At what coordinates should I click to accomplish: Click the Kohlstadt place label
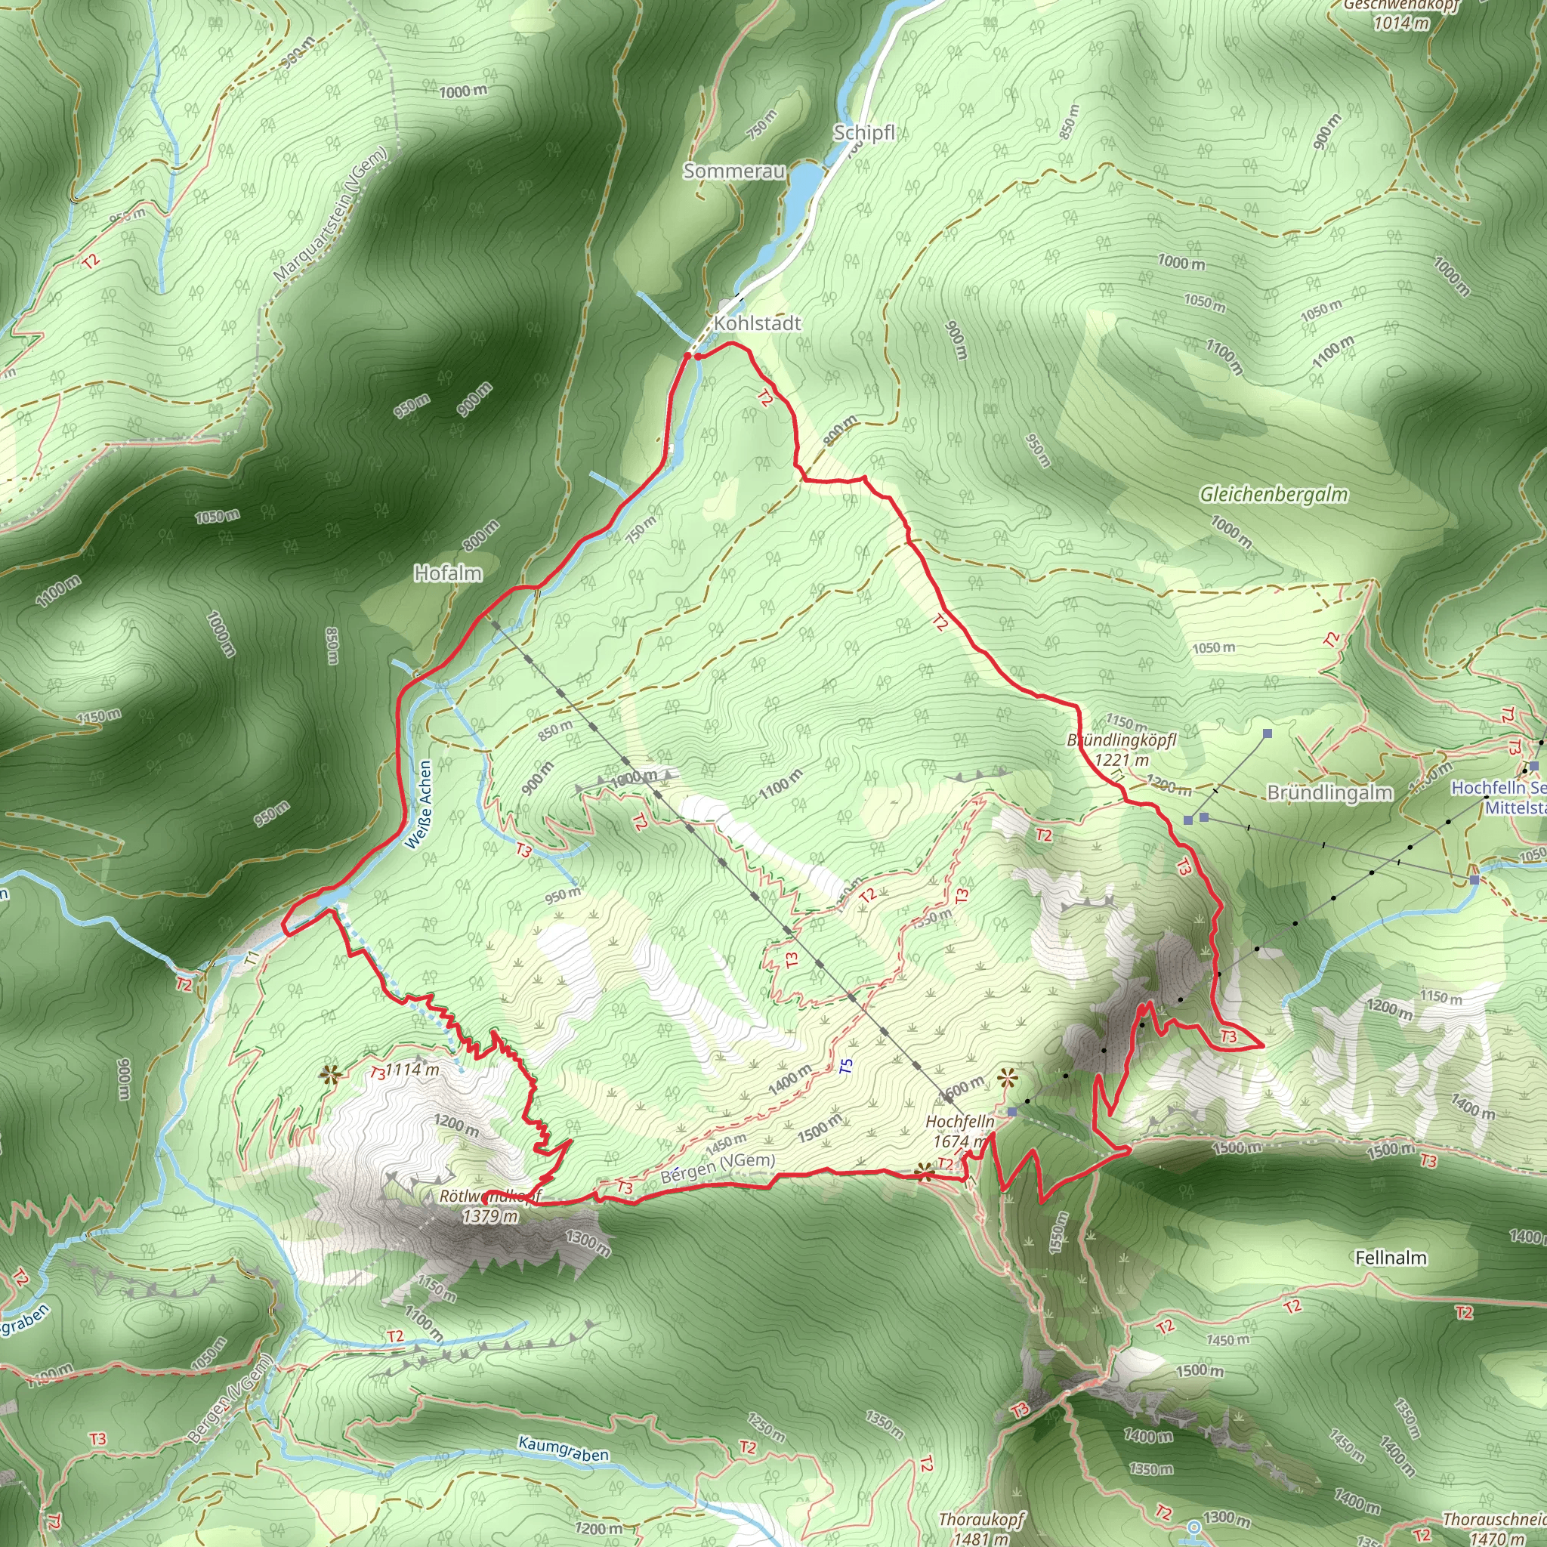point(757,323)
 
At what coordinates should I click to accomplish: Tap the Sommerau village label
point(733,171)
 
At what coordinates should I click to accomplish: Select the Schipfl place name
point(863,132)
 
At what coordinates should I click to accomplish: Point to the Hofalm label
point(448,573)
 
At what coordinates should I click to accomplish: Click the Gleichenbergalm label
point(1273,495)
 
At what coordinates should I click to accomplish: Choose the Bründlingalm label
point(1329,792)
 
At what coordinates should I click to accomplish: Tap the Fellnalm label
point(1391,1257)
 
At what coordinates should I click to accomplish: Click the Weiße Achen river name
point(418,804)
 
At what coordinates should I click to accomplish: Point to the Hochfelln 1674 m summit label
point(959,1131)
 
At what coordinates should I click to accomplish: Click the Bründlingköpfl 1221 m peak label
point(1121,749)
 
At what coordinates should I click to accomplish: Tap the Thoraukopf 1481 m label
point(981,1527)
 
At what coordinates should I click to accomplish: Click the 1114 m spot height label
point(412,1070)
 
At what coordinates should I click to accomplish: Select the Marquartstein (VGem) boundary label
point(330,215)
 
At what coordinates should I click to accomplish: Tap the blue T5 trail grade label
point(846,1067)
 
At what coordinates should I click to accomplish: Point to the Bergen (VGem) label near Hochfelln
point(718,1169)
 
